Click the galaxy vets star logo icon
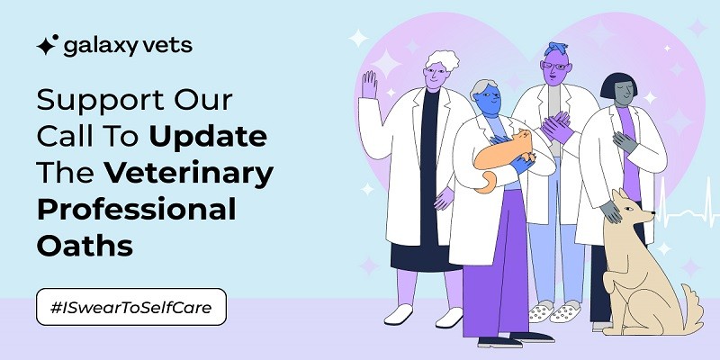click(x=47, y=45)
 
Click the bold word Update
click(x=208, y=138)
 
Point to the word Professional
click(x=137, y=209)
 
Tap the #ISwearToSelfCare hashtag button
click(x=131, y=307)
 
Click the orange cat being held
click(x=502, y=156)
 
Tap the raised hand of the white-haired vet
click(x=369, y=85)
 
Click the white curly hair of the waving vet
click(x=442, y=60)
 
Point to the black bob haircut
click(x=618, y=85)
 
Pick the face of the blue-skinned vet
click(x=488, y=100)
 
